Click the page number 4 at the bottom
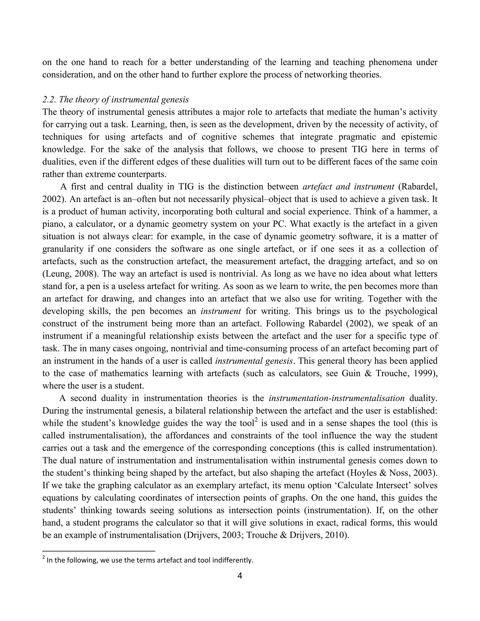coord(240,576)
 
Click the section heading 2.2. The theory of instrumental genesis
coord(116,100)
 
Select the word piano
coord(52,224)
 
